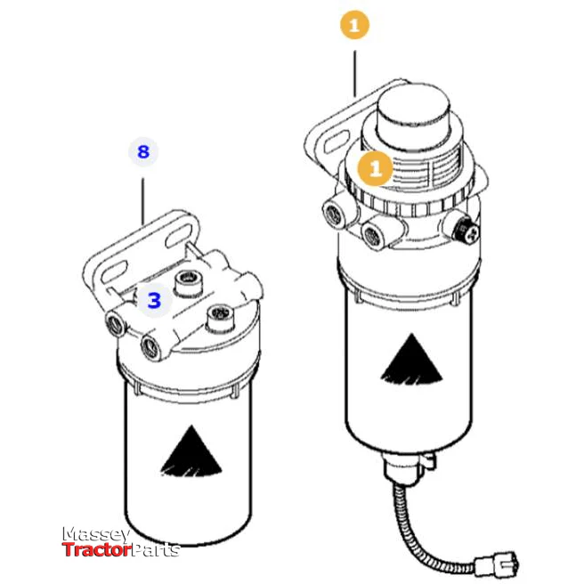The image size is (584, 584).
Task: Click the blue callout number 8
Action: (142, 150)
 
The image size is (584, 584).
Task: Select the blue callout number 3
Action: (154, 300)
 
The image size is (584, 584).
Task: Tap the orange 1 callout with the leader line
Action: (354, 26)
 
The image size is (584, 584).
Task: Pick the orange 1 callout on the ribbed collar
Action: (375, 166)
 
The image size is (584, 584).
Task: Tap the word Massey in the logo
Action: (96, 535)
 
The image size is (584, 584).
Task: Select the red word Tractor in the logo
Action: (91, 549)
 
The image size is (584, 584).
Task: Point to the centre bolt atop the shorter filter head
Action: (188, 285)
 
